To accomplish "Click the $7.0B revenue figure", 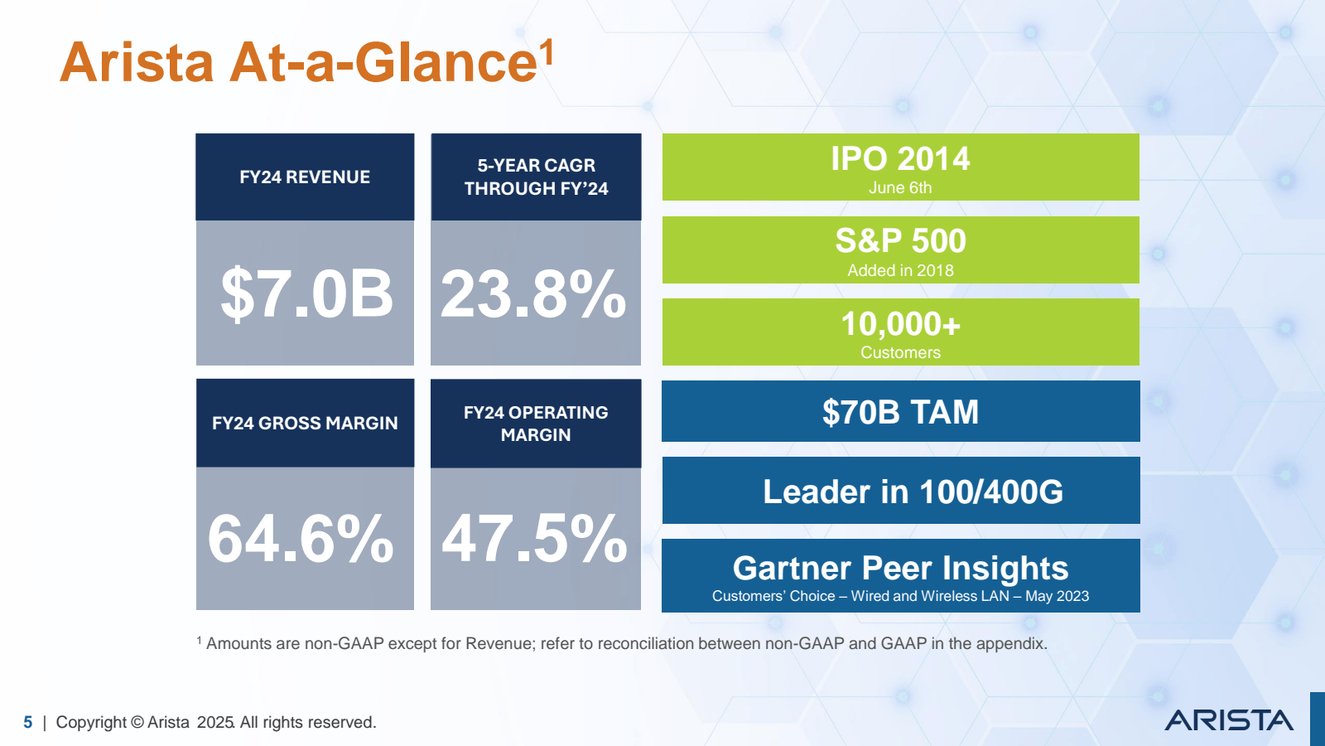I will [x=306, y=293].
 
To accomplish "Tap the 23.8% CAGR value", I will [x=534, y=293].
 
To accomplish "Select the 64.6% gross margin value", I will [x=301, y=539].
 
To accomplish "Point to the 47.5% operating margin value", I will [x=535, y=539].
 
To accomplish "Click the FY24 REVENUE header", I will [x=305, y=177].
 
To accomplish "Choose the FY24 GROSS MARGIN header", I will [x=305, y=423].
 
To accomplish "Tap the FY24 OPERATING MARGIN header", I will [x=536, y=424].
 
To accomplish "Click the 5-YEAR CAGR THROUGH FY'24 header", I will [x=536, y=177].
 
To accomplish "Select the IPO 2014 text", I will [x=900, y=158].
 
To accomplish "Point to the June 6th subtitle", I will [x=900, y=188].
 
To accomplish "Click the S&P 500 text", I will [x=900, y=241].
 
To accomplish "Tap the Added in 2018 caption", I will [x=900, y=270].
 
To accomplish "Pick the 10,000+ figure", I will [x=900, y=324].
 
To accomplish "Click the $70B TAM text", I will [x=900, y=412].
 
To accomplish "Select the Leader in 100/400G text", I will [x=913, y=492].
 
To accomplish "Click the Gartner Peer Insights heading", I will [x=900, y=569].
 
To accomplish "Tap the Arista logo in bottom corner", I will [x=1229, y=720].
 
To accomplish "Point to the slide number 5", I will [x=28, y=723].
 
